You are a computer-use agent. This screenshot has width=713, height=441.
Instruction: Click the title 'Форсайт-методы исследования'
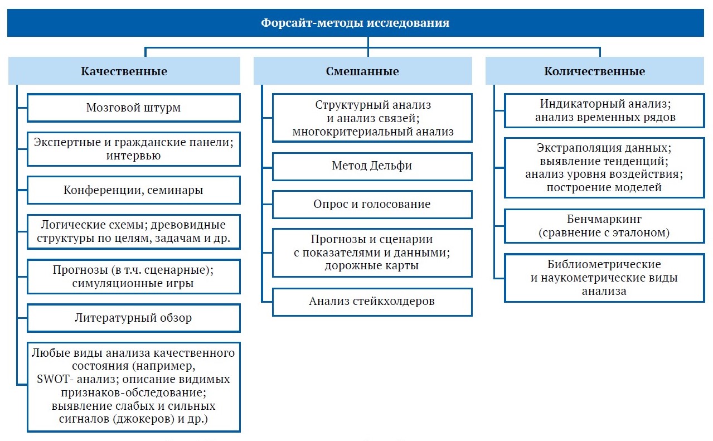click(355, 23)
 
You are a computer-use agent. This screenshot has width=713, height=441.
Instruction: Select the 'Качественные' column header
click(124, 71)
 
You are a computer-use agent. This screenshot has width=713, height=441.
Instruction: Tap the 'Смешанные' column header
click(362, 71)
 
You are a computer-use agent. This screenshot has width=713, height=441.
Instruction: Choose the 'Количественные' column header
click(595, 71)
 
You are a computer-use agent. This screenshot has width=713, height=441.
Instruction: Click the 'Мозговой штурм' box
click(134, 108)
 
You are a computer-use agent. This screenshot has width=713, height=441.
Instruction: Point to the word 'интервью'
click(133, 156)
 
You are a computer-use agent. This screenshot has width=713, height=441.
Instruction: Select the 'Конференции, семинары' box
click(134, 190)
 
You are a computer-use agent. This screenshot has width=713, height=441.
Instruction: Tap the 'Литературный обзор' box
click(134, 318)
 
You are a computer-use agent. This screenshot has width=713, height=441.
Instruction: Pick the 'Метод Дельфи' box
click(372, 167)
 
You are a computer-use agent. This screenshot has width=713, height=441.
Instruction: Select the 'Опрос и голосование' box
click(372, 205)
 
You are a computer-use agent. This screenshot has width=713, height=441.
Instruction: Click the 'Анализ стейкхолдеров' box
click(372, 302)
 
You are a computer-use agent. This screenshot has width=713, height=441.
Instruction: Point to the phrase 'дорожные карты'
click(371, 265)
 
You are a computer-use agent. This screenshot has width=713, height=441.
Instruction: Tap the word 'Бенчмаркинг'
click(604, 219)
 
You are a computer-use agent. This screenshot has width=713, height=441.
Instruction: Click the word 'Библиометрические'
click(604, 264)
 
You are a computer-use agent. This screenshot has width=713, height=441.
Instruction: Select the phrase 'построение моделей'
click(604, 187)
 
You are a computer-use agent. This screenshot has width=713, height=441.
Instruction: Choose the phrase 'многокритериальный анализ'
click(373, 132)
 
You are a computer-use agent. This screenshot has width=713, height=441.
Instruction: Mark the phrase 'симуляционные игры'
click(133, 283)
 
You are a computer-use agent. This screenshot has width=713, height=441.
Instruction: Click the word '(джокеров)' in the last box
click(144, 419)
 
